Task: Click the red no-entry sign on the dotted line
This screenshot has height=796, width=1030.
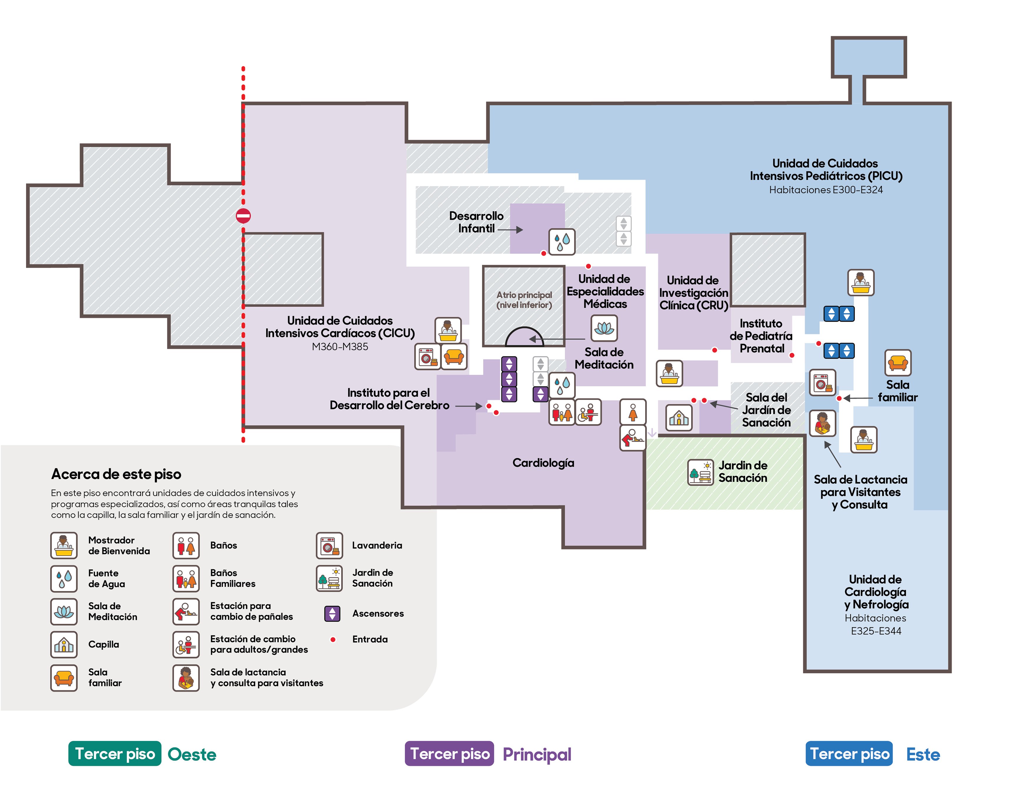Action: [243, 216]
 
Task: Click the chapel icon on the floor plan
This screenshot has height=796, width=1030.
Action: [679, 417]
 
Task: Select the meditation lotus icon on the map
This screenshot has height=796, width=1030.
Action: [604, 328]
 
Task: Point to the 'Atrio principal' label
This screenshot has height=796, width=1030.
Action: [524, 295]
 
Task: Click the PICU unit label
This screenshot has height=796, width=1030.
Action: [826, 170]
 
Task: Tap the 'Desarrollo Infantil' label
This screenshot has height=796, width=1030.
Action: [476, 222]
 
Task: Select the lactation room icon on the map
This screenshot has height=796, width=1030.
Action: [823, 423]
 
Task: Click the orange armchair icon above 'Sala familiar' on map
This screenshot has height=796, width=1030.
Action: [898, 363]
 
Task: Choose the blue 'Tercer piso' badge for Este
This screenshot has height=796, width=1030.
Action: [849, 754]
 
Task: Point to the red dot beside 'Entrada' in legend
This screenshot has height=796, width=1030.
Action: [333, 639]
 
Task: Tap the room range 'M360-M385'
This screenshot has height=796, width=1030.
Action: [340, 347]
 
